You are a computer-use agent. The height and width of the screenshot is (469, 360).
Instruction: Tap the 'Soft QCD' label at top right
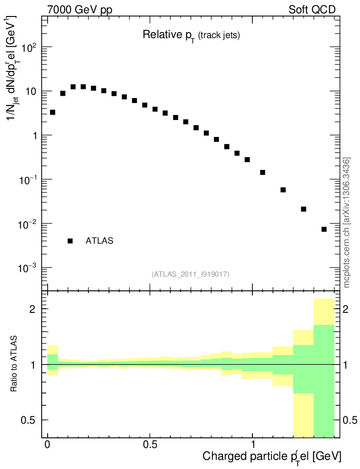(312, 10)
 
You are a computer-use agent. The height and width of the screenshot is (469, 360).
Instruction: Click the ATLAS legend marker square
(70, 240)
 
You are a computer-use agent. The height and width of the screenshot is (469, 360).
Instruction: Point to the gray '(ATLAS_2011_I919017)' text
(191, 274)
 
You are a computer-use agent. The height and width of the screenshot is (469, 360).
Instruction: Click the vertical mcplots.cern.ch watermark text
(347, 223)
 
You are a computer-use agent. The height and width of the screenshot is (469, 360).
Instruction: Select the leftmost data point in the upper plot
(53, 112)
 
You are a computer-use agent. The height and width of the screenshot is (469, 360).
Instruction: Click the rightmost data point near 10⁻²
(324, 229)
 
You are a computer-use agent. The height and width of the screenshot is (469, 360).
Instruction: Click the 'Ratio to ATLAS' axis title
(14, 364)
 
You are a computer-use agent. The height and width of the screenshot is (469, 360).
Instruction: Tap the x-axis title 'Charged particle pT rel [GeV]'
(272, 457)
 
